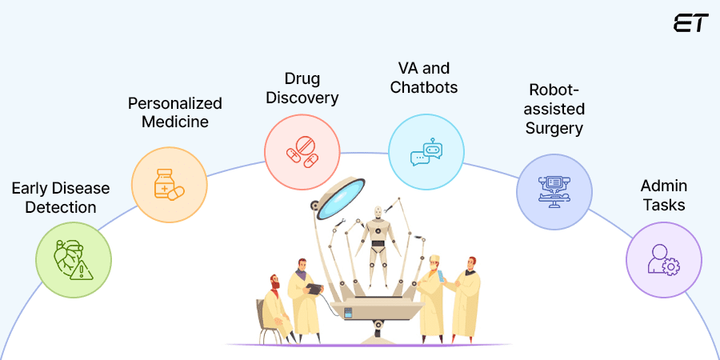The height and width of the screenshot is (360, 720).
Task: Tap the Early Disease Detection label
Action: click(x=60, y=198)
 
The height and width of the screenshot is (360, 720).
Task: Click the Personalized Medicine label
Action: click(x=175, y=113)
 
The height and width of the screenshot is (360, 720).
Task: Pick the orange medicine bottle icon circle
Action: click(x=170, y=184)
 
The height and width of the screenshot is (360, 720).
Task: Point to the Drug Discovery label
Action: click(x=301, y=88)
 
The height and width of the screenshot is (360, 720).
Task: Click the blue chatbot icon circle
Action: click(x=426, y=152)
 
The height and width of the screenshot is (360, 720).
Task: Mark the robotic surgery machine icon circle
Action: click(x=554, y=192)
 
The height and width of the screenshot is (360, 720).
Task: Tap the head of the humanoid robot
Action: click(x=378, y=214)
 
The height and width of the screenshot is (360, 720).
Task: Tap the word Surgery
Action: click(x=554, y=128)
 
